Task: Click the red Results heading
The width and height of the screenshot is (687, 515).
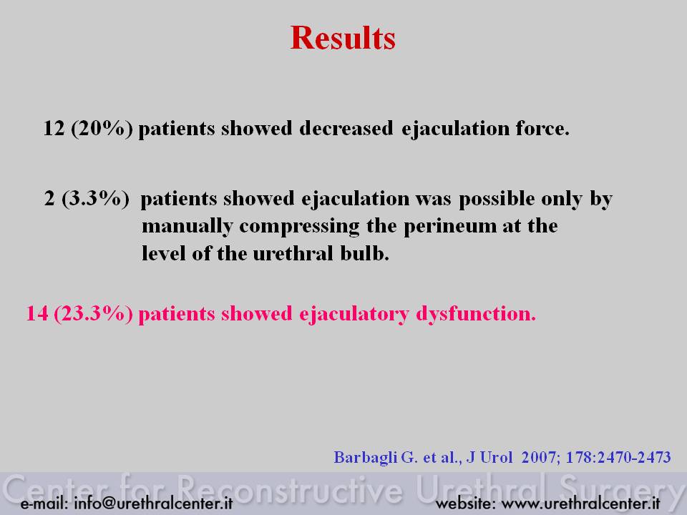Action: [343, 38]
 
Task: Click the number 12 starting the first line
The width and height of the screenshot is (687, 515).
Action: [54, 128]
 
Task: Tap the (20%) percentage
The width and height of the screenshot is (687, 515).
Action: [102, 129]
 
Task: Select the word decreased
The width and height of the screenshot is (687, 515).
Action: [346, 128]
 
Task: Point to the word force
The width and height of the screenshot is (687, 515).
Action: [542, 128]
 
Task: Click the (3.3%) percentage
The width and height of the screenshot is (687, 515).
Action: [95, 199]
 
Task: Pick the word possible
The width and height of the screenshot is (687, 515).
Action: [497, 199]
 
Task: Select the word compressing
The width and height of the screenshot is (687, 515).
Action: [299, 227]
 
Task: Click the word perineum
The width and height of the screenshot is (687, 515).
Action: [449, 227]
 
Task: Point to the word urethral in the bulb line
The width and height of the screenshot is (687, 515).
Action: [293, 253]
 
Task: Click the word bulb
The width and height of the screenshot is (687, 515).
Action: [364, 253]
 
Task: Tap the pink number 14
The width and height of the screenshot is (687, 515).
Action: [37, 313]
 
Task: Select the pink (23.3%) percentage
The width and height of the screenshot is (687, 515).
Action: [93, 314]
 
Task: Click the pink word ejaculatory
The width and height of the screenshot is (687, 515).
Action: [354, 314]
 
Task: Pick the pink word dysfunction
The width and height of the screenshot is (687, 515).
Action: [476, 313]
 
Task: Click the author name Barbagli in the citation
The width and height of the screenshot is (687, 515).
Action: [366, 458]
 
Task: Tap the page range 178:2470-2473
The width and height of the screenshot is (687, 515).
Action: [618, 457]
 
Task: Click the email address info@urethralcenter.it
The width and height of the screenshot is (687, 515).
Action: [153, 503]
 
